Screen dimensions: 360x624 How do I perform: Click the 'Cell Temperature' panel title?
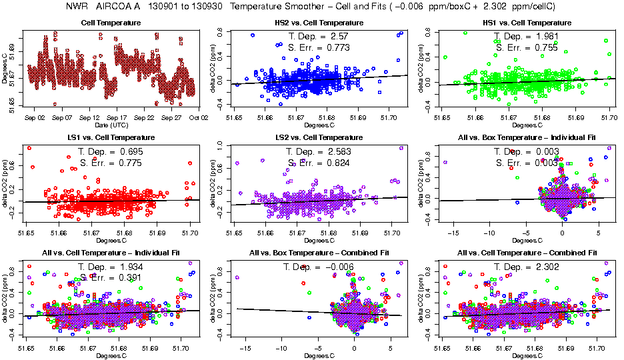111,23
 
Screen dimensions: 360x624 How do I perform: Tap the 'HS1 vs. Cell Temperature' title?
527,23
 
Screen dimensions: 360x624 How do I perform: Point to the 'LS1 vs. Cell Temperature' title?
111,138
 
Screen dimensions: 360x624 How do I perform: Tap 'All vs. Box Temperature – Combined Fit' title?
319,253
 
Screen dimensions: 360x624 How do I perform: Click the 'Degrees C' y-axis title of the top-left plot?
5,67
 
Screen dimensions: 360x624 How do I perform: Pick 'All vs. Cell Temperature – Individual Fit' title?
111,253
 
